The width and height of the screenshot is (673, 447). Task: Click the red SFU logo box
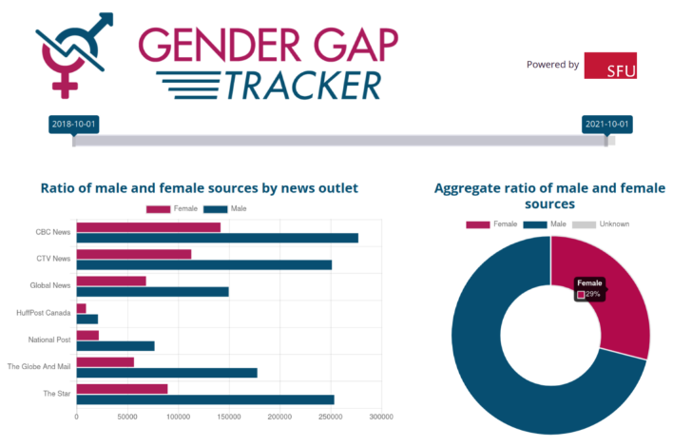coord(609,65)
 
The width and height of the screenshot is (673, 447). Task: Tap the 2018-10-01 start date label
coord(74,125)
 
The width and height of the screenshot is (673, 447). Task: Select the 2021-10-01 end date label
coord(606,125)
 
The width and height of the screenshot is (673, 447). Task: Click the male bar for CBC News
coord(217,238)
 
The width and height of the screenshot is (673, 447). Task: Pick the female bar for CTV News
coord(133,254)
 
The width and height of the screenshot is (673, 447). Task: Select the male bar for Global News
coord(152,291)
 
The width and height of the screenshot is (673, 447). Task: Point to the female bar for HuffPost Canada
coord(81,308)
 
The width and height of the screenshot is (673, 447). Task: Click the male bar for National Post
coord(115,345)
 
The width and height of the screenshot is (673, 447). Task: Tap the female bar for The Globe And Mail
coord(105,361)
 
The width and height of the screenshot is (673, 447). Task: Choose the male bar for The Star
coord(204,399)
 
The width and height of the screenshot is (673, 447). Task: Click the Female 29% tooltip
coord(589,289)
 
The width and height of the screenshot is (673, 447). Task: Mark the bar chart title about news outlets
coord(199,187)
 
